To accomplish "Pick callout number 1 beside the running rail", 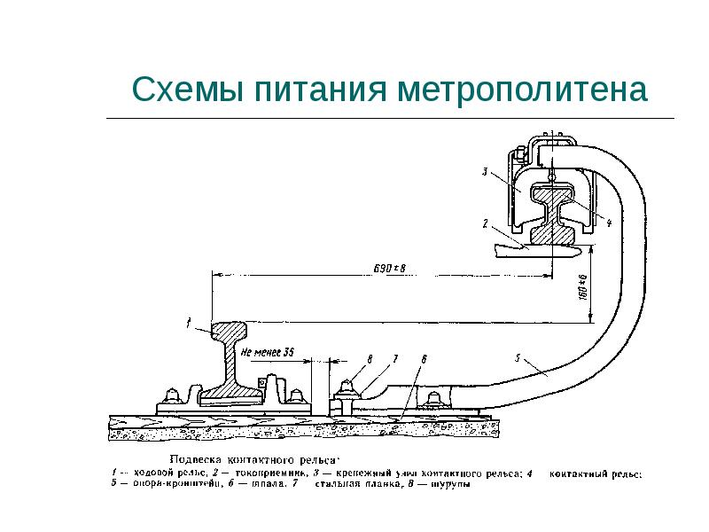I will pos(189,325).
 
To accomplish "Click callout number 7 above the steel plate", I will pos(396,358).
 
